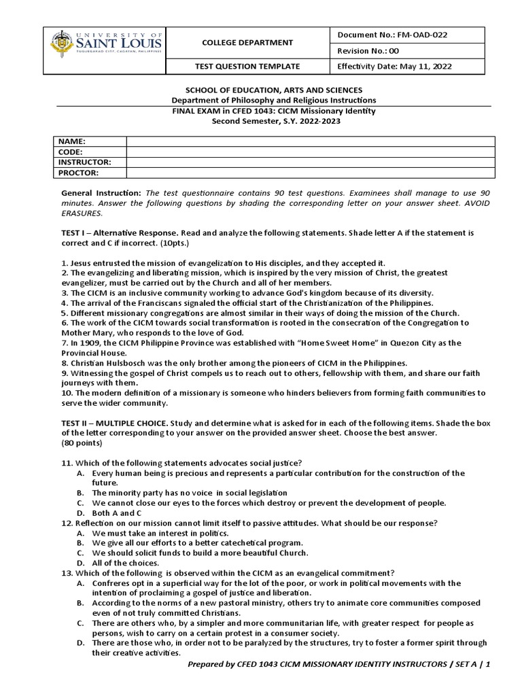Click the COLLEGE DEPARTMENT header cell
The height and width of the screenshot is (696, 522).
(247, 42)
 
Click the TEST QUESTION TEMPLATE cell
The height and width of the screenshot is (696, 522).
(247, 67)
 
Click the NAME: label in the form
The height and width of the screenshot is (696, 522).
(71, 141)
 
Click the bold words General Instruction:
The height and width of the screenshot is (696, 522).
(102, 194)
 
